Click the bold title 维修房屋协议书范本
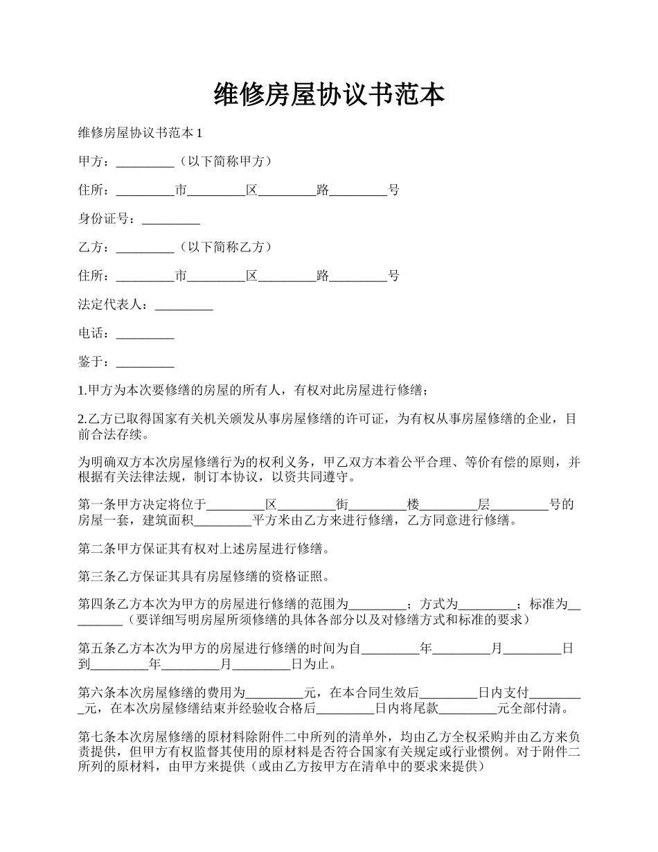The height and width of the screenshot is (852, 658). (329, 96)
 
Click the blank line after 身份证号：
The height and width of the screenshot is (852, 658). (170, 220)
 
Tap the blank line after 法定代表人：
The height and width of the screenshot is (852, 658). (184, 305)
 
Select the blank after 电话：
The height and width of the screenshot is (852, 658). (145, 334)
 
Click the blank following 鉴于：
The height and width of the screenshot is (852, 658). (145, 362)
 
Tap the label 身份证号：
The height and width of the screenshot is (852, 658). (109, 219)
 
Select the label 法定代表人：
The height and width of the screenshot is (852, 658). (116, 305)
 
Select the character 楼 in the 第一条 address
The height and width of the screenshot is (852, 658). (414, 505)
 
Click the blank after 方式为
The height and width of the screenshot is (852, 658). (487, 605)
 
